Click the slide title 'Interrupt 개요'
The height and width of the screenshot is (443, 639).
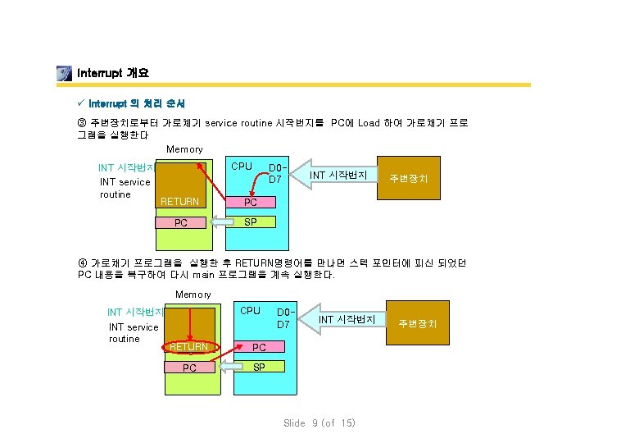click(x=112, y=73)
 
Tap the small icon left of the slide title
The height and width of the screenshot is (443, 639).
click(x=64, y=73)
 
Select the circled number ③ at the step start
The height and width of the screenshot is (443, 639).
click(x=82, y=123)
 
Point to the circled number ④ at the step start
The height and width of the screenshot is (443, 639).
click(x=82, y=263)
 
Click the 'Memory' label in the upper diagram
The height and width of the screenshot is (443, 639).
click(x=184, y=149)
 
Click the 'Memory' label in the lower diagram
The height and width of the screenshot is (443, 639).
click(x=193, y=295)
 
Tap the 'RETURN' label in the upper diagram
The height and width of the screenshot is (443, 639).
click(x=180, y=202)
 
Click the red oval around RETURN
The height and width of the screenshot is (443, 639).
click(x=189, y=347)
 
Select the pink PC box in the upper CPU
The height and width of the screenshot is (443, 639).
click(x=251, y=202)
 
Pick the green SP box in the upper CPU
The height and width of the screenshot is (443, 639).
click(x=251, y=222)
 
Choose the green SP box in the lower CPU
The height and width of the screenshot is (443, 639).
click(x=259, y=367)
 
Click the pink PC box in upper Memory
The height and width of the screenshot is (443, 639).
click(x=181, y=222)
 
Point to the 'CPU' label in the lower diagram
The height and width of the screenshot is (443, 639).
click(x=250, y=311)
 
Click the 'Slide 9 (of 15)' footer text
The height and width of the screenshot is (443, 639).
click(x=319, y=423)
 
